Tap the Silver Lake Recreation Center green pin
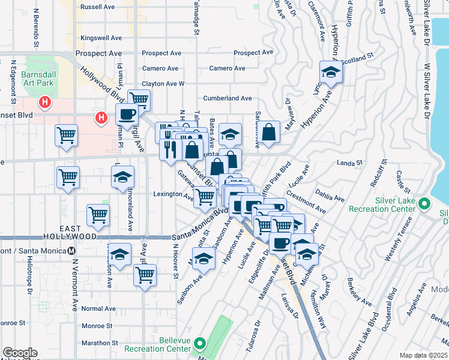pos(425,205)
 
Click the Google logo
pos(20,353)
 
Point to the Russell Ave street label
pos(97,7)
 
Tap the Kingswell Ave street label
pos(97,37)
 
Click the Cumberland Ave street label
pos(228,98)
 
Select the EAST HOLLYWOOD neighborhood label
pos(79,233)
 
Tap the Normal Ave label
pos(98,308)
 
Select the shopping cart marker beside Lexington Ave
pos(205,196)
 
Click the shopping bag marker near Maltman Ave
pos(270,132)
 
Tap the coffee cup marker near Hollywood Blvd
pos(127,113)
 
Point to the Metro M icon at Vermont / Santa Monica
pos(72,251)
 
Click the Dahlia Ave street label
pos(331,198)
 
